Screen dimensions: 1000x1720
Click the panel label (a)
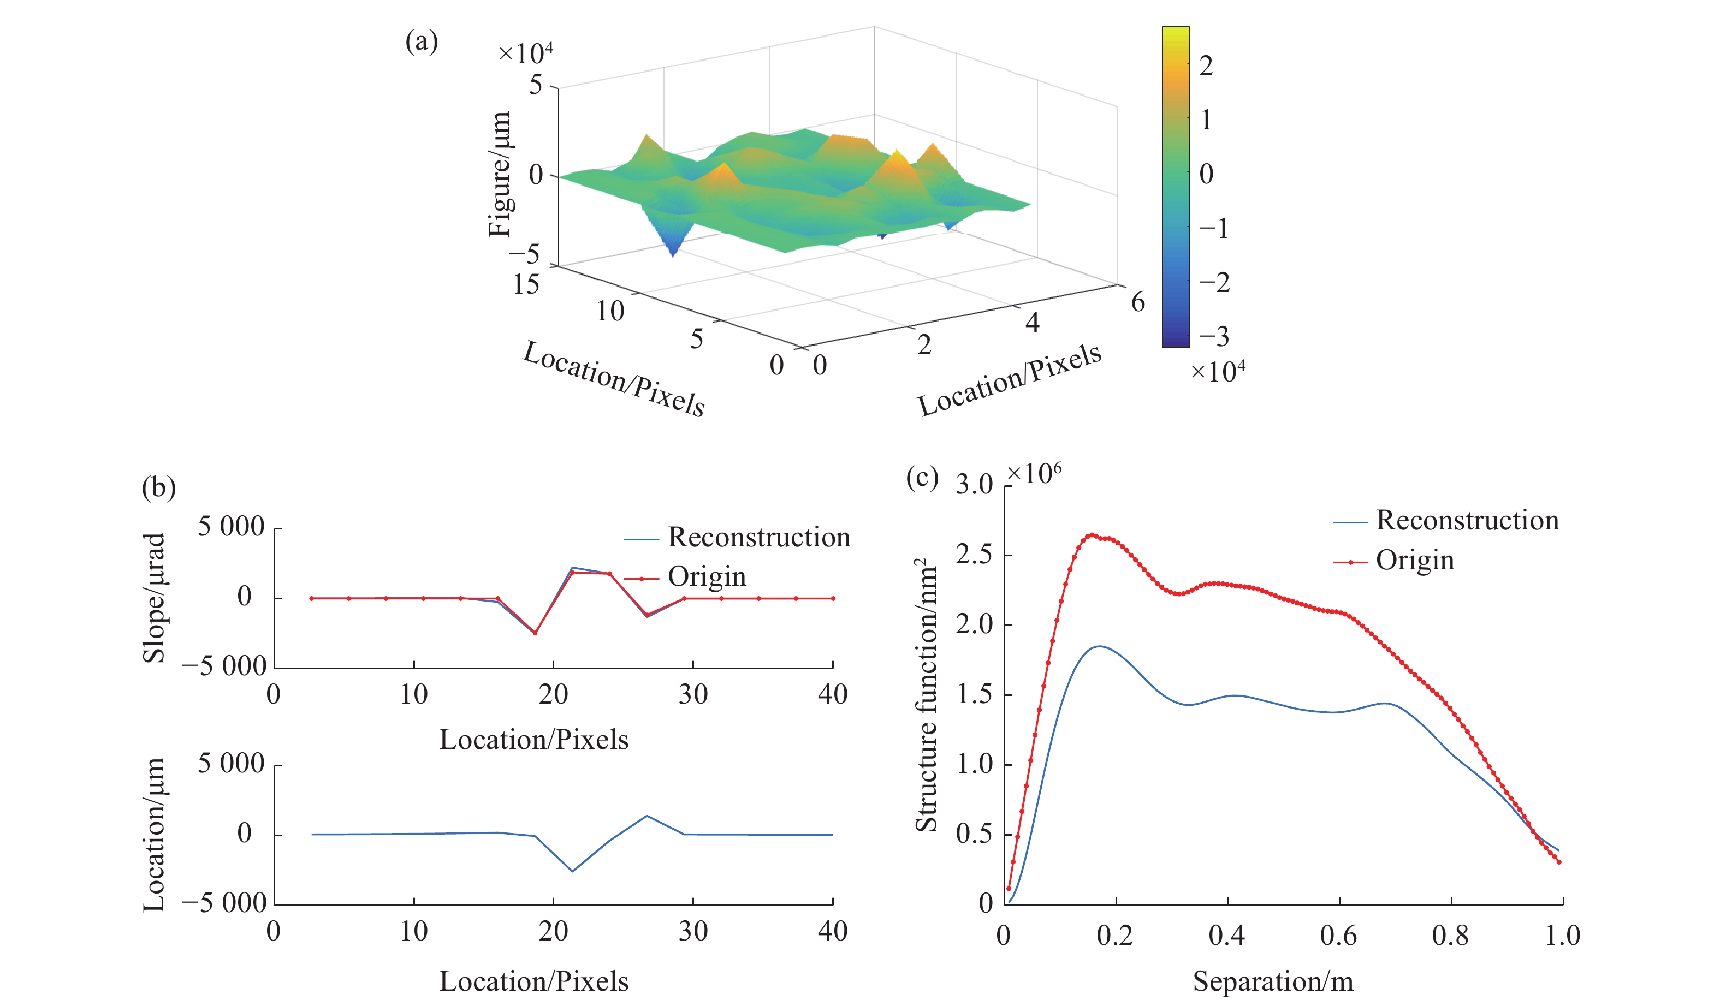(421, 41)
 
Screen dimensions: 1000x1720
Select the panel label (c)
(922, 478)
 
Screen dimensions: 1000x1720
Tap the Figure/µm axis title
(500, 174)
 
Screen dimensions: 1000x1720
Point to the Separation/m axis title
(1272, 981)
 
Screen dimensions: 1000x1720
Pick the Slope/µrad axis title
(154, 598)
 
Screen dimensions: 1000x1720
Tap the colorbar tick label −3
(1214, 336)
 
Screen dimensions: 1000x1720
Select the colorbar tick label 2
(1206, 66)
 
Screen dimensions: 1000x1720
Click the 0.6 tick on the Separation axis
(1338, 935)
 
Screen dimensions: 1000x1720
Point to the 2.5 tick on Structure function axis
(974, 555)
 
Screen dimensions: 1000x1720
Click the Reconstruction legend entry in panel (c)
(1468, 520)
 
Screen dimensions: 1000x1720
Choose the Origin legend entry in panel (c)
(1415, 560)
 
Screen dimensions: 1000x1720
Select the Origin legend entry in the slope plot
(707, 577)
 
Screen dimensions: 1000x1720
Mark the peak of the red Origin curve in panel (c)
(1092, 535)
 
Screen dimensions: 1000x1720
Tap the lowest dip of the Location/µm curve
(572, 871)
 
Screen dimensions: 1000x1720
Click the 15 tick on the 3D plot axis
(526, 284)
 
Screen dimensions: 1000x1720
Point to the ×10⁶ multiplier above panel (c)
(1034, 473)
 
